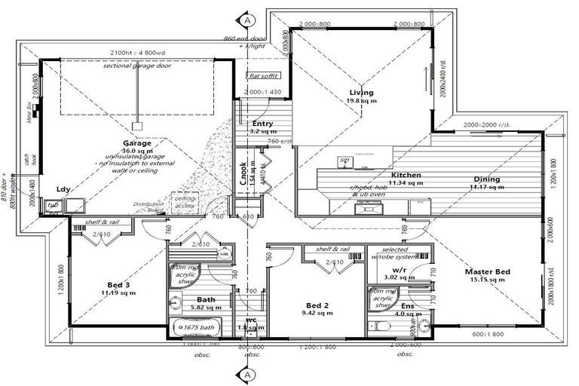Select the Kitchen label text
[x=406, y=175]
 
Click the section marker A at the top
[x=247, y=20]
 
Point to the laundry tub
[x=54, y=205]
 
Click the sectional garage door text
[x=138, y=66]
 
